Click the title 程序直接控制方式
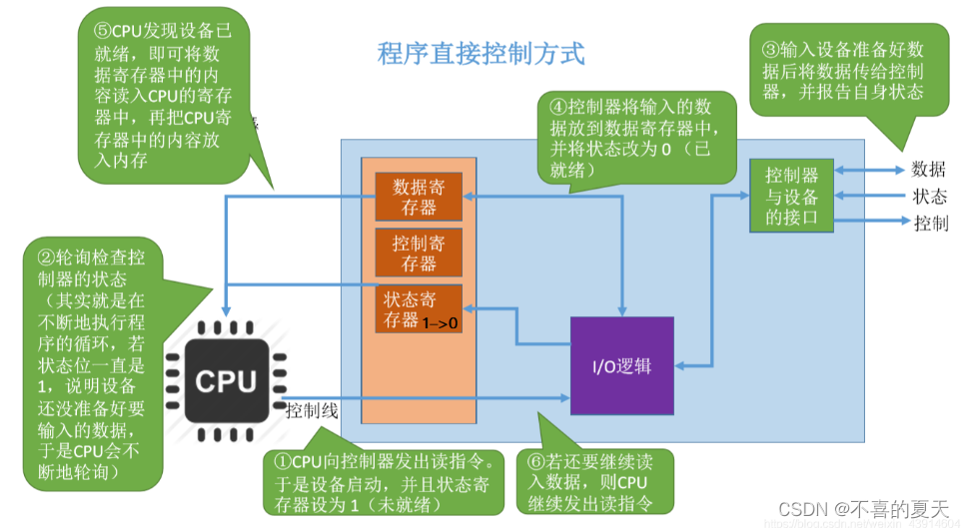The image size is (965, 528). (x=481, y=53)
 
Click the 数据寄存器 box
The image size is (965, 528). (x=418, y=197)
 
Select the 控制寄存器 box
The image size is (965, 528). (x=418, y=253)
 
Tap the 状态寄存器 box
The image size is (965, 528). (x=418, y=308)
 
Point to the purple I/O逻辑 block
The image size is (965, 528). (x=621, y=365)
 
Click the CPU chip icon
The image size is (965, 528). (x=226, y=381)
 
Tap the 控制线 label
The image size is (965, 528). (x=312, y=410)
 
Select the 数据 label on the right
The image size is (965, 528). (x=928, y=170)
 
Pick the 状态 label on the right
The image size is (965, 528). (x=928, y=197)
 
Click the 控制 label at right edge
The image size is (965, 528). (x=930, y=223)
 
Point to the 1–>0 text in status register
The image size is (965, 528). (x=441, y=323)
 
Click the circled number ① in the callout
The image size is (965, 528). (x=283, y=461)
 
